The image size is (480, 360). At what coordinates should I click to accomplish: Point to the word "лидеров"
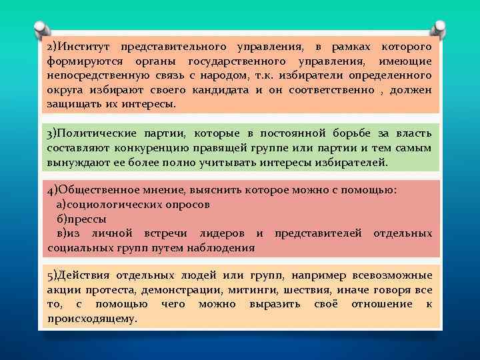tap(223, 233)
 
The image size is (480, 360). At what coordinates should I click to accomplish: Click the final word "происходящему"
tap(92, 318)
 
